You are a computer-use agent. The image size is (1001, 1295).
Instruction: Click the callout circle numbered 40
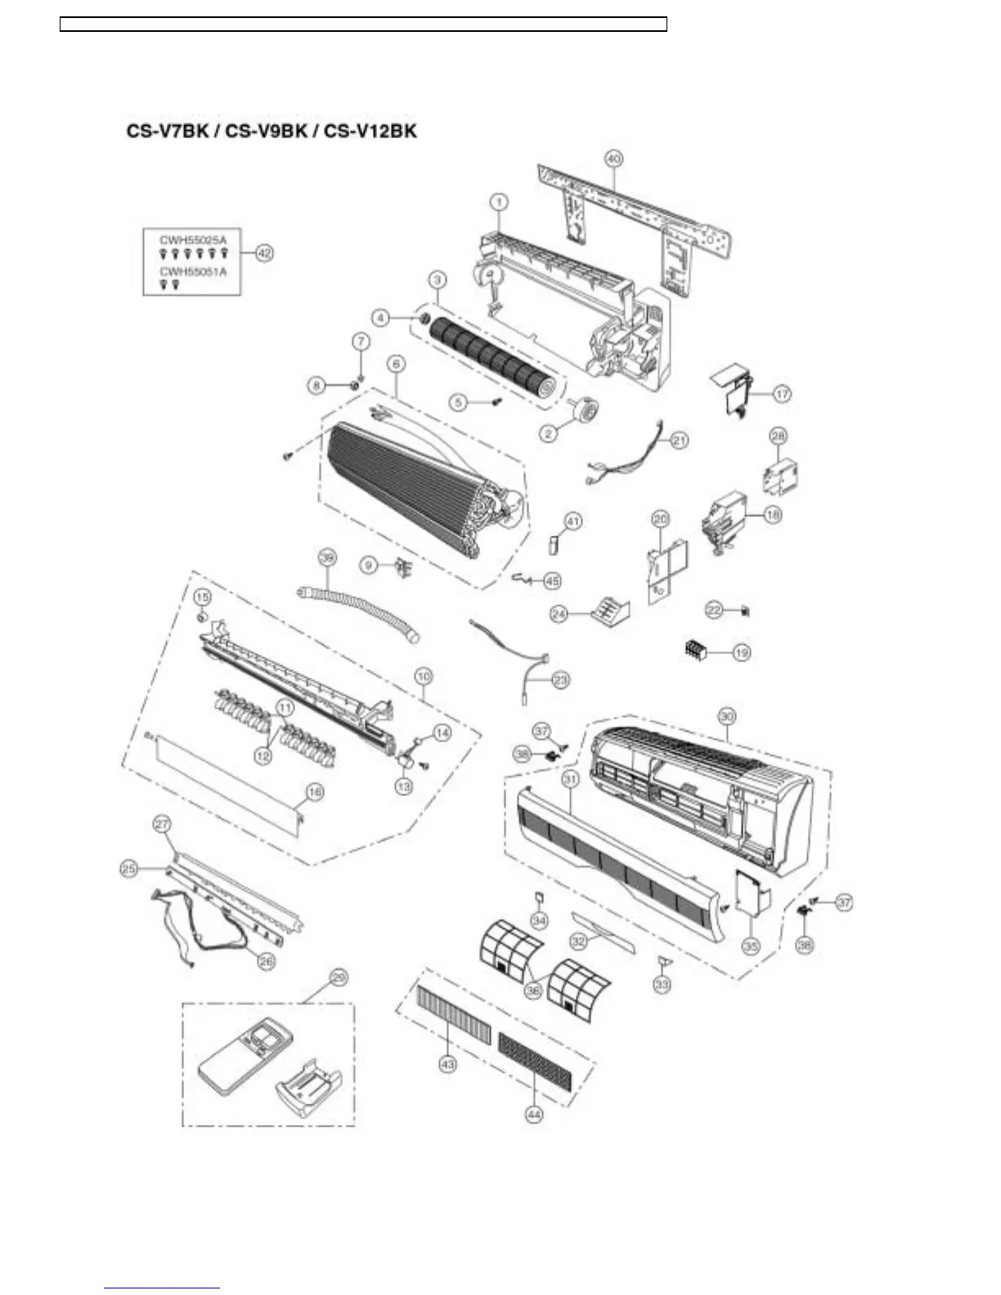613,159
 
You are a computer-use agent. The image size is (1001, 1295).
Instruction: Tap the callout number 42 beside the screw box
264,253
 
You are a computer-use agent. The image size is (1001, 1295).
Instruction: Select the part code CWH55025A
193,239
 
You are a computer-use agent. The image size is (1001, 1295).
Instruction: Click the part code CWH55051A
193,271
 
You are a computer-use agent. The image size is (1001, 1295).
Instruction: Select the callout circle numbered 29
338,977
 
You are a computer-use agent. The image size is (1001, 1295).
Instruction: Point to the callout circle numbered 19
741,652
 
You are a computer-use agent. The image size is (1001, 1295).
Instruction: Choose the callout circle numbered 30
726,715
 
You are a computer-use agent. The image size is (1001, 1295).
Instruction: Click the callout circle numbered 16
314,791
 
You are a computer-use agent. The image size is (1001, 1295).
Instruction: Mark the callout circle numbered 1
498,201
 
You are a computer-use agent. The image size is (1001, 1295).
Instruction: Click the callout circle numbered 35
751,946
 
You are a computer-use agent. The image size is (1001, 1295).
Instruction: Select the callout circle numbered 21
680,440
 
